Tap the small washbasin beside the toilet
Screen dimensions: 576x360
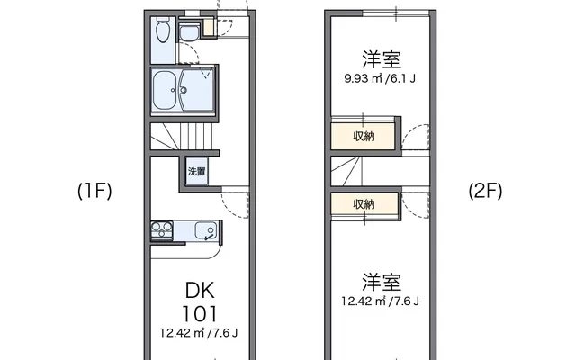pos(189,32)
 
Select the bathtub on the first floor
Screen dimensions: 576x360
pos(166,90)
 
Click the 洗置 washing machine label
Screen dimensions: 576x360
pos(196,171)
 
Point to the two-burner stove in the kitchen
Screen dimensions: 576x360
pos(162,230)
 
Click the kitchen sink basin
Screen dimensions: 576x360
pos(206,230)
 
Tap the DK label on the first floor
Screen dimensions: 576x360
pos(200,290)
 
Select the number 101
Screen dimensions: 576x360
pos(200,314)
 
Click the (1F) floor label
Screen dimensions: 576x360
pos(94,191)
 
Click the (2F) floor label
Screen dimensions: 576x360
pos(485,191)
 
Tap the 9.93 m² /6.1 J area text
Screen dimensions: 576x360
pos(380,78)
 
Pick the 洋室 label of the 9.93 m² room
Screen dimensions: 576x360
pos(382,59)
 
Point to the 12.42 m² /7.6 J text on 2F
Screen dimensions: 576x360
pos(380,301)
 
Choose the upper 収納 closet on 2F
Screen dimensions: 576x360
pos(363,136)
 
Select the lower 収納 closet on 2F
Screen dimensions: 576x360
pos(364,204)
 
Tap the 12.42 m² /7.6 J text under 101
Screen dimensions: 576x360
pos(199,333)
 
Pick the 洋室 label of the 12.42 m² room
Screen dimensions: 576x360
pos(382,282)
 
